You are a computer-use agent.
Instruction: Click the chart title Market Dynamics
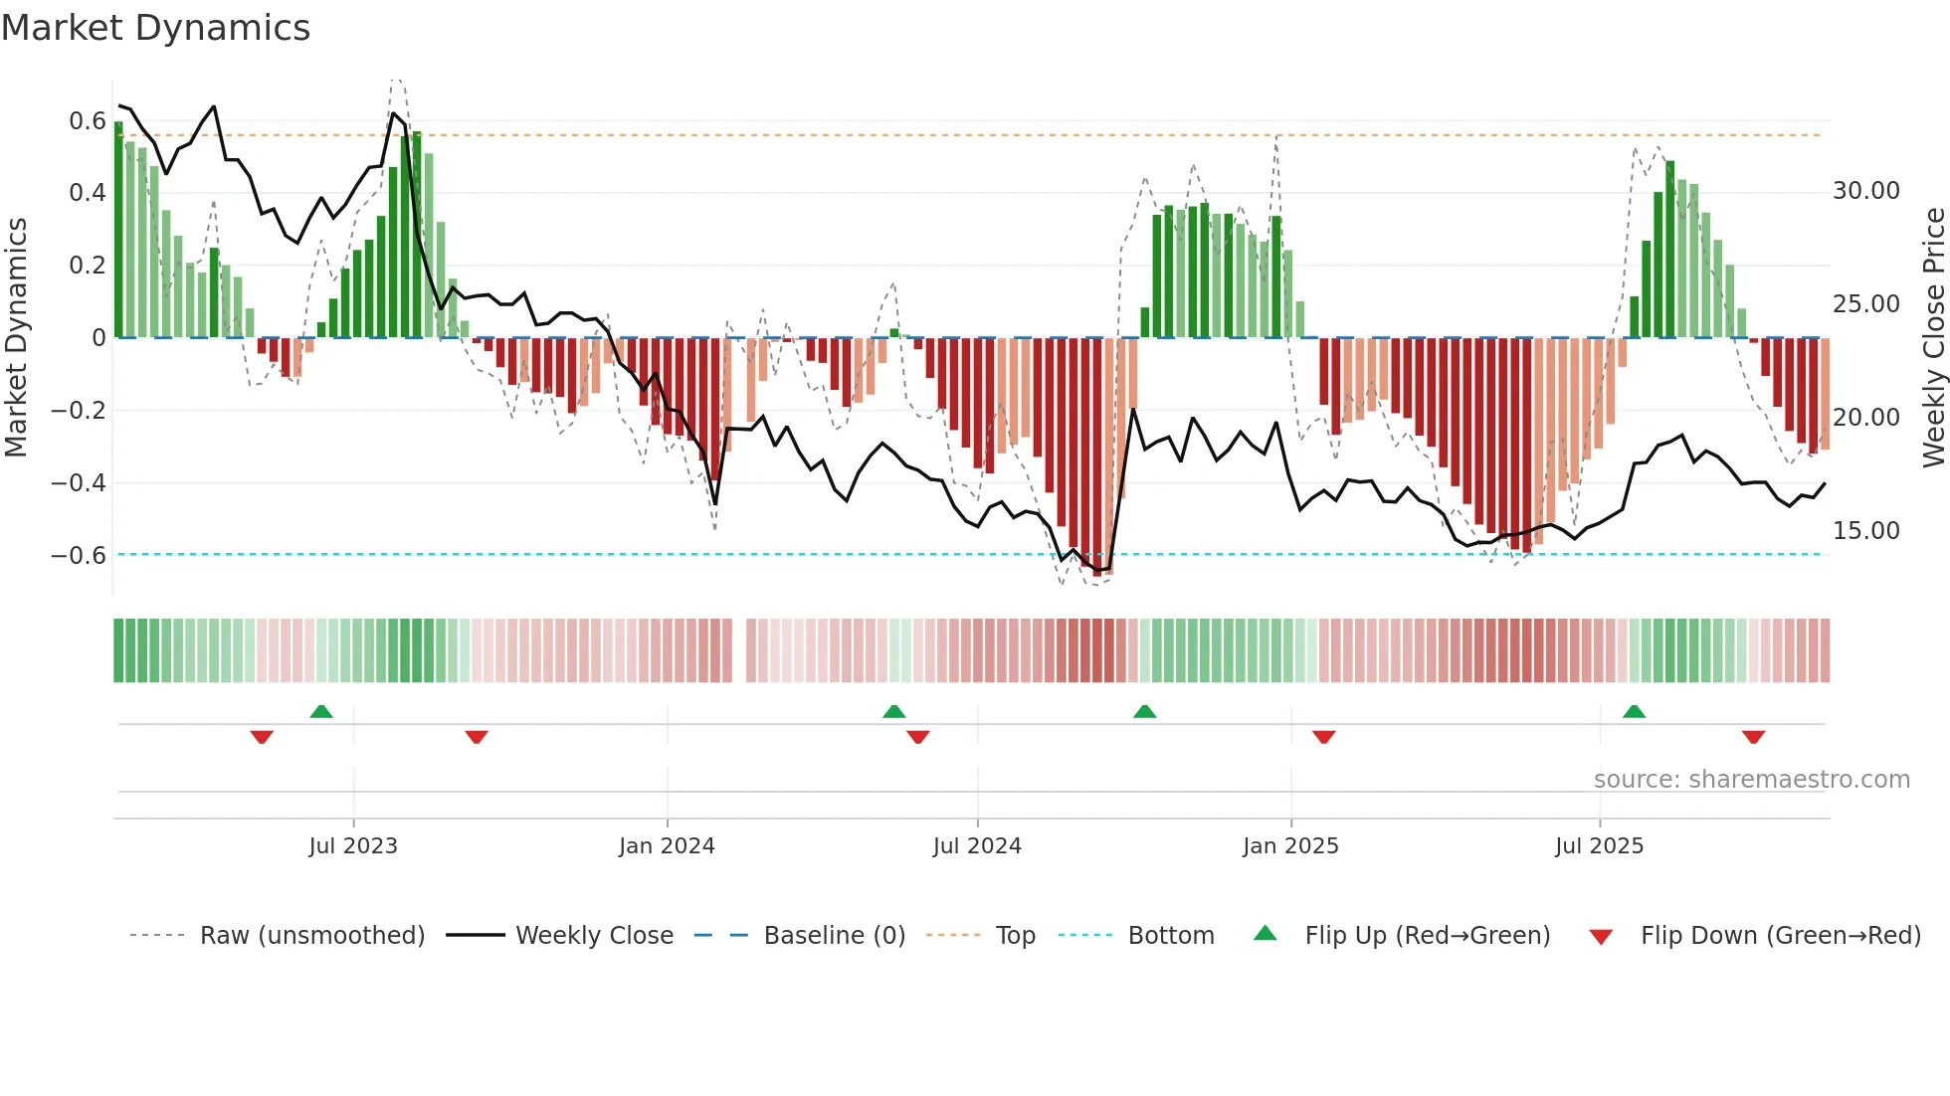point(155,28)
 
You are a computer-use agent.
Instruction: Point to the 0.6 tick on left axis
point(87,121)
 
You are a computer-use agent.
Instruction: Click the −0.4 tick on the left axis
point(79,483)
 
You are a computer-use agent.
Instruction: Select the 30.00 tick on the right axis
point(1865,191)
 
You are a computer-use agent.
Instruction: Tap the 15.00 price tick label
point(1865,531)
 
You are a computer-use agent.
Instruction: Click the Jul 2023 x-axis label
point(353,846)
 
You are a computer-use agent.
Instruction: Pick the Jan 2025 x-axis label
point(1290,846)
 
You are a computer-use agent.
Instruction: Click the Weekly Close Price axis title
point(1933,338)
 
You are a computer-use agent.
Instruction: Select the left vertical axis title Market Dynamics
point(16,338)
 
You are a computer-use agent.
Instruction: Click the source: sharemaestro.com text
point(1751,780)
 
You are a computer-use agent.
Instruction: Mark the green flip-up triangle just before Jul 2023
point(320,712)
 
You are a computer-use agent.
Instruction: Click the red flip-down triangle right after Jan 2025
point(1323,737)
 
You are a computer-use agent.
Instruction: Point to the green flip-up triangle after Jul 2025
point(1634,712)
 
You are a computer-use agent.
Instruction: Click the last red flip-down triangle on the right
point(1753,737)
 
